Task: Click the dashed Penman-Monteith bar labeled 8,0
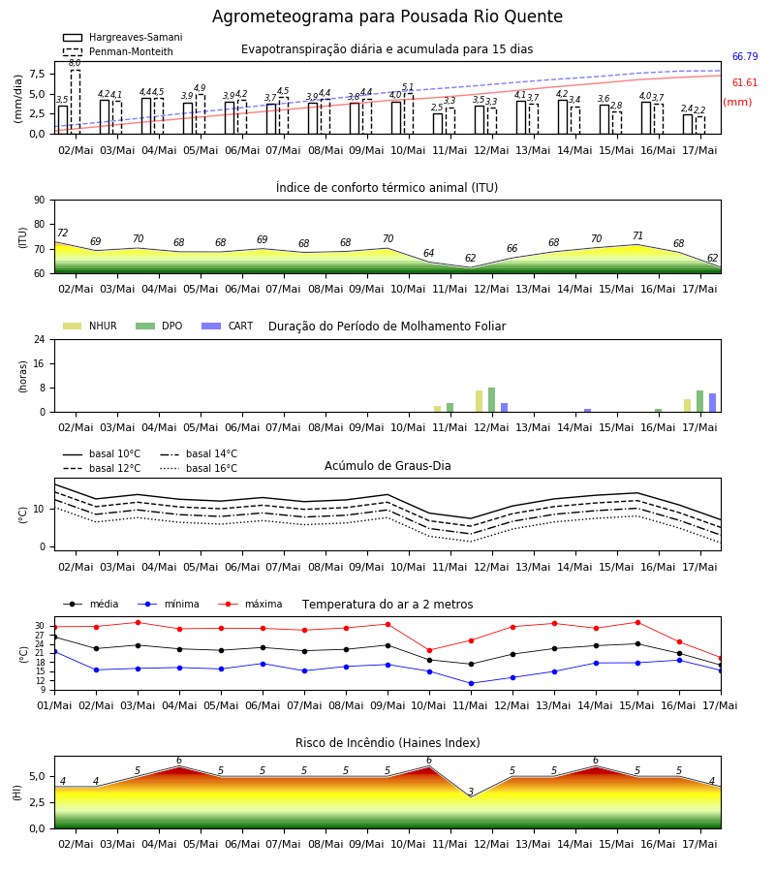76,102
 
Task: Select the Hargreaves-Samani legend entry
123,37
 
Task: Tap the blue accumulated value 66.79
745,57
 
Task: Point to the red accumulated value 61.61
745,83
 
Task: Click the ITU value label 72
63,233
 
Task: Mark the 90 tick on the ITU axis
40,201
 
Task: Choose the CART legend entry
228,326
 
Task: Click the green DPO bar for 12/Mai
491,400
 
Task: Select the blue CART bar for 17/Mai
712,403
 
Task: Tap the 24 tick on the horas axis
40,340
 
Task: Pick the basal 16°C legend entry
199,468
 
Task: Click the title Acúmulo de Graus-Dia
387,465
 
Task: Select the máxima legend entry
250,604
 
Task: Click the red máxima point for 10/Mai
429,651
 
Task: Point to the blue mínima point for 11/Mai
471,683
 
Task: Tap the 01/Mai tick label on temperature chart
54,705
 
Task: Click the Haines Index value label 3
471,792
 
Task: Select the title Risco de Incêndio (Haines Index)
387,743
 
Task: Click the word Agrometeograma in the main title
283,16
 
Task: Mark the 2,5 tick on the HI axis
38,802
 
